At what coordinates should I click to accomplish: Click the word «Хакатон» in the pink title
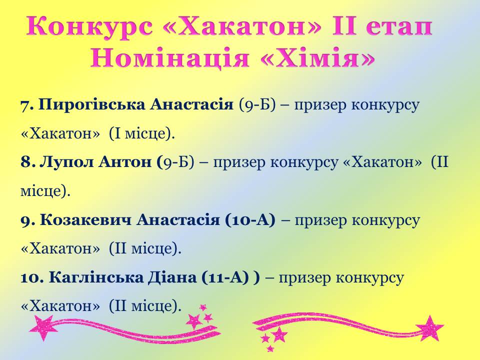[x=242, y=26]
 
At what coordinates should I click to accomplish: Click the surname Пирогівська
[x=92, y=104]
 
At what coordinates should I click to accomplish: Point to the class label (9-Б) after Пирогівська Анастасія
[x=257, y=105]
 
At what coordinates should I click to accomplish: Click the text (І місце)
[x=141, y=134]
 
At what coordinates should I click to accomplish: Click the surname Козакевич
[x=85, y=220]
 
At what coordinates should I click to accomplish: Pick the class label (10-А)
[x=250, y=220]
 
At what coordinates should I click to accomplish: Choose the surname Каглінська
[x=96, y=277]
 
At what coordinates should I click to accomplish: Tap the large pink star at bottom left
[x=43, y=327]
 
